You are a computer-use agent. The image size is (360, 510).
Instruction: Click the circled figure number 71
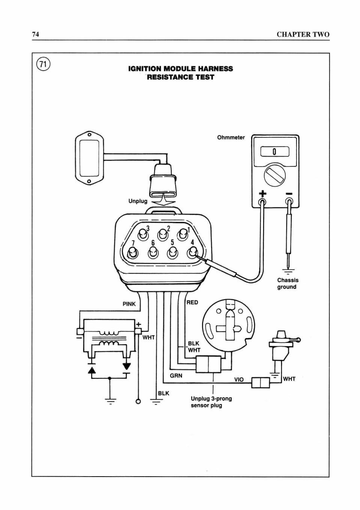click(x=43, y=65)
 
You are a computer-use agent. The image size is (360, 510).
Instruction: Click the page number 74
click(x=36, y=34)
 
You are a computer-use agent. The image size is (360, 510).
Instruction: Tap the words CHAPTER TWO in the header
click(x=303, y=35)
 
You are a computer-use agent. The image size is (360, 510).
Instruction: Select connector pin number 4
click(x=192, y=253)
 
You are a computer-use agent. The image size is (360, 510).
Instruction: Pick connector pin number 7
click(x=132, y=253)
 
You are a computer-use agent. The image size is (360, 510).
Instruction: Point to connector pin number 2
click(x=162, y=235)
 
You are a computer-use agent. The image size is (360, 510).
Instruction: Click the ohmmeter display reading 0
click(x=275, y=152)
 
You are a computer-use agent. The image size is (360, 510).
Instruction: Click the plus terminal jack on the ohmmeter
click(x=262, y=202)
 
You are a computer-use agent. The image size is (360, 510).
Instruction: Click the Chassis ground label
click(x=288, y=283)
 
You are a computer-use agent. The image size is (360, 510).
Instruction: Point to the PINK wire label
click(x=129, y=304)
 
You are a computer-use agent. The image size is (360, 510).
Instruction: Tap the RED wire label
click(x=193, y=302)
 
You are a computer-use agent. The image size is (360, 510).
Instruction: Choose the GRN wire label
click(x=176, y=375)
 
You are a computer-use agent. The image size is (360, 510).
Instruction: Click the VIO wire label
click(x=239, y=379)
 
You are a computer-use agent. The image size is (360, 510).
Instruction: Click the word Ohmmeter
click(x=231, y=137)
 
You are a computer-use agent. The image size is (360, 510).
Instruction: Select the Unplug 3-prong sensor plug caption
click(x=211, y=402)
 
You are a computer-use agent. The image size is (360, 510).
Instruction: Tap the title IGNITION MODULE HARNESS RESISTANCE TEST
click(x=181, y=73)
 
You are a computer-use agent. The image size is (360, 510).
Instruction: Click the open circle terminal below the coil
click(x=138, y=402)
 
